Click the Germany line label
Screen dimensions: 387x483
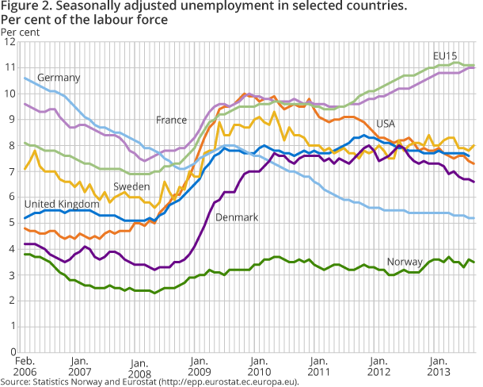(59, 78)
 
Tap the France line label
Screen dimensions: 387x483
(171, 120)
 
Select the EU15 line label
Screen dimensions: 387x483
(446, 56)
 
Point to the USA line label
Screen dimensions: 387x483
(386, 124)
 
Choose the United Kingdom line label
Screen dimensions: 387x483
(57, 204)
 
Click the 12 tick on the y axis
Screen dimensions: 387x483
(11, 43)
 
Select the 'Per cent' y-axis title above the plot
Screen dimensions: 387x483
(18, 32)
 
